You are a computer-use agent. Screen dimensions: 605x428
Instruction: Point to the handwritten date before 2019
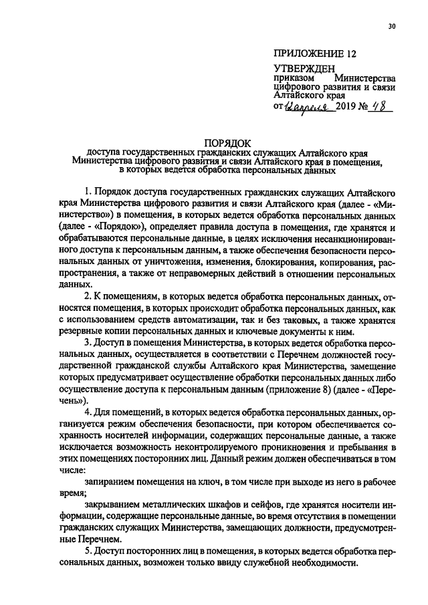coord(306,107)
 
